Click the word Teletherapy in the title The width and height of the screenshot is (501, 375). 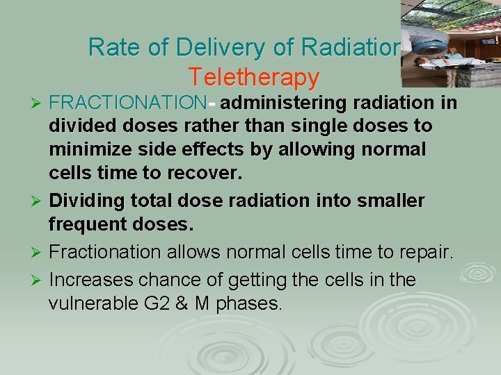click(253, 76)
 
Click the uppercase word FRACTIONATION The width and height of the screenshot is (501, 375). click(129, 103)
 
